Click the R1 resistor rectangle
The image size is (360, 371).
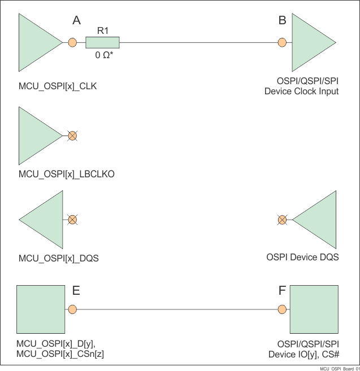coord(102,42)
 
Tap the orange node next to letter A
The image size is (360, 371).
coord(72,42)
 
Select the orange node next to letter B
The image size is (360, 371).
coord(282,42)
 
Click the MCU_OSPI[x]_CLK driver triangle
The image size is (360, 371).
coord(36,42)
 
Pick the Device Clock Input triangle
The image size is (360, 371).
coord(310,42)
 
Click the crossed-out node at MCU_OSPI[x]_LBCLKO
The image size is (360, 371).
coord(72,136)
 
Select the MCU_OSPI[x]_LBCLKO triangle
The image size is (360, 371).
coord(36,136)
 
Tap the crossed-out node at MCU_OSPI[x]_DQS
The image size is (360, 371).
coord(72,219)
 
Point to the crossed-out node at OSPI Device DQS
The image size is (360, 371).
coord(282,219)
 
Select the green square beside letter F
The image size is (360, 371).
coord(314,309)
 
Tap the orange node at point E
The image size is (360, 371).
coord(72,309)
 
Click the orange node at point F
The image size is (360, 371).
coord(282,309)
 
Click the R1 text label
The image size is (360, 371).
coord(103,30)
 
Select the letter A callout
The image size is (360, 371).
coord(77,20)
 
